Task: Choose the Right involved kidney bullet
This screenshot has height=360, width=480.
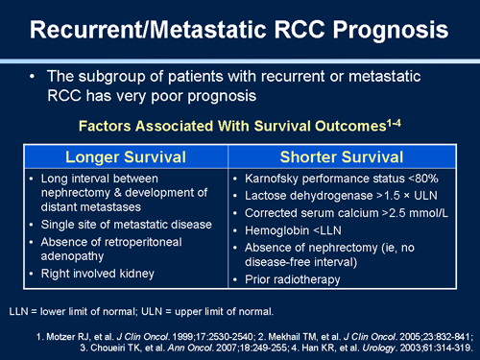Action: point(90,274)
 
